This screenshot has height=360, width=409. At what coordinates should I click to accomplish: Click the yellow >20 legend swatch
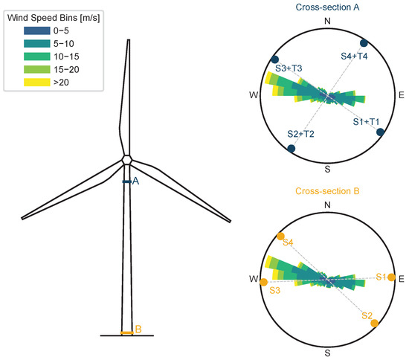coord(36,82)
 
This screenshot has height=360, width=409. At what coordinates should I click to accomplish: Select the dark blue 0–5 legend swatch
coord(36,30)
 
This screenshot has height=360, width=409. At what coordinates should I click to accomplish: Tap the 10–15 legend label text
coord(66,57)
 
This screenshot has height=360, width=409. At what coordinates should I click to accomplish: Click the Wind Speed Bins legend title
coord(54,18)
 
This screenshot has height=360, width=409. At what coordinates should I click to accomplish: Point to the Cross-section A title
coord(327,7)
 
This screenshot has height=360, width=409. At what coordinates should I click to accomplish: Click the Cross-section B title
coord(327,191)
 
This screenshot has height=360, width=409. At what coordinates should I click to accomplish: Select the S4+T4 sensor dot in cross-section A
coord(364,43)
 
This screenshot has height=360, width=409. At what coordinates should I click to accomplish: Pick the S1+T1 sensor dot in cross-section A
coord(380,132)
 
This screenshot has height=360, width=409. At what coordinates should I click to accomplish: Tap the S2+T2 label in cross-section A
coord(300,134)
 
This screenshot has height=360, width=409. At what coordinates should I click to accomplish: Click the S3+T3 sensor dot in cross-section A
coord(274,60)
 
